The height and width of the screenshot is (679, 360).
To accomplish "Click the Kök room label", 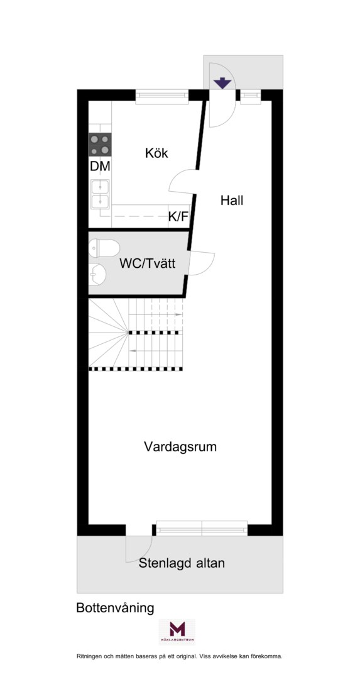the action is click(156, 153).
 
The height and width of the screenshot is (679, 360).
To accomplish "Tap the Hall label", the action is click(231, 201).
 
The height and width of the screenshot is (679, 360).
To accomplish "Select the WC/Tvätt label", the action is click(148, 263).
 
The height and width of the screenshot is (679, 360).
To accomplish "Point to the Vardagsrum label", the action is click(180, 446).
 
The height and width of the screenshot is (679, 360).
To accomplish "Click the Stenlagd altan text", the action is click(182, 563).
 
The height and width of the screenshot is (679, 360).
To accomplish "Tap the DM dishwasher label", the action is click(100, 166).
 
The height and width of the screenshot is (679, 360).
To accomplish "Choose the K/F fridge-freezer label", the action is click(178, 216).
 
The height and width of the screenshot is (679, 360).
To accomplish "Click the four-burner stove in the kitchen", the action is click(100, 145).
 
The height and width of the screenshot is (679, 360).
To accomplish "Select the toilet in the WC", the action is click(104, 248).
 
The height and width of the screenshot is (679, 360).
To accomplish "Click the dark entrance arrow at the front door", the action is click(222, 83).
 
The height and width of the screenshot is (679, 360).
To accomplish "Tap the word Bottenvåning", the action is click(115, 608).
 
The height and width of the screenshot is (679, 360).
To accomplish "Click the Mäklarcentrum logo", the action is click(177, 632).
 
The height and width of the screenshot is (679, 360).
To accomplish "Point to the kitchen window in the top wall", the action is click(162, 97).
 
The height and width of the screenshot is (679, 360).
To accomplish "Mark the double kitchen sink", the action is click(100, 194).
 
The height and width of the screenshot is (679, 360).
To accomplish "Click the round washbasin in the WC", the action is click(98, 275).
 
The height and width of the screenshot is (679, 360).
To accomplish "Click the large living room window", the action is click(202, 528).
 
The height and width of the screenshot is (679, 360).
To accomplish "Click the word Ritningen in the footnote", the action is click(89, 656).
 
